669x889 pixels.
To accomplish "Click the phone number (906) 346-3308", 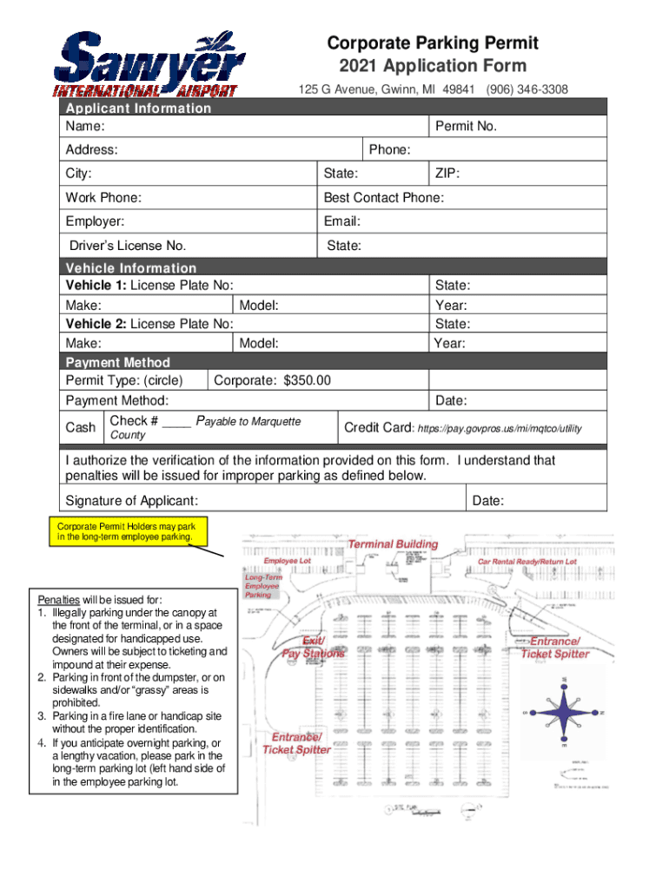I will coord(527,89).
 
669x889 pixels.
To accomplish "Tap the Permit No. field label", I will coord(466,127).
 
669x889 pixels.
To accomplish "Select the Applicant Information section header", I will coord(138,108).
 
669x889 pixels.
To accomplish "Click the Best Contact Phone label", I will coord(383,198).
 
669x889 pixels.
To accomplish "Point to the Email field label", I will coord(341,221).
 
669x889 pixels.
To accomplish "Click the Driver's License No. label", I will coord(128,246).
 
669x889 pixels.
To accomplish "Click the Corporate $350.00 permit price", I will coord(272,380).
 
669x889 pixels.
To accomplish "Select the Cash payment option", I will coord(81,427).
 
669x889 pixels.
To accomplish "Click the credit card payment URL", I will coord(500,429).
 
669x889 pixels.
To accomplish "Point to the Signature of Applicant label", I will coord(131,501).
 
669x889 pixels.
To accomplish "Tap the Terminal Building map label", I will coord(393,544).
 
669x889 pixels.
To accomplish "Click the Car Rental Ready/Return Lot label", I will coord(527,562).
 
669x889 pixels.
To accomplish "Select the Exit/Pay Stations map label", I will coord(313,647).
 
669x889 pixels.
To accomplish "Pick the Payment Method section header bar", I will coord(117,362).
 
